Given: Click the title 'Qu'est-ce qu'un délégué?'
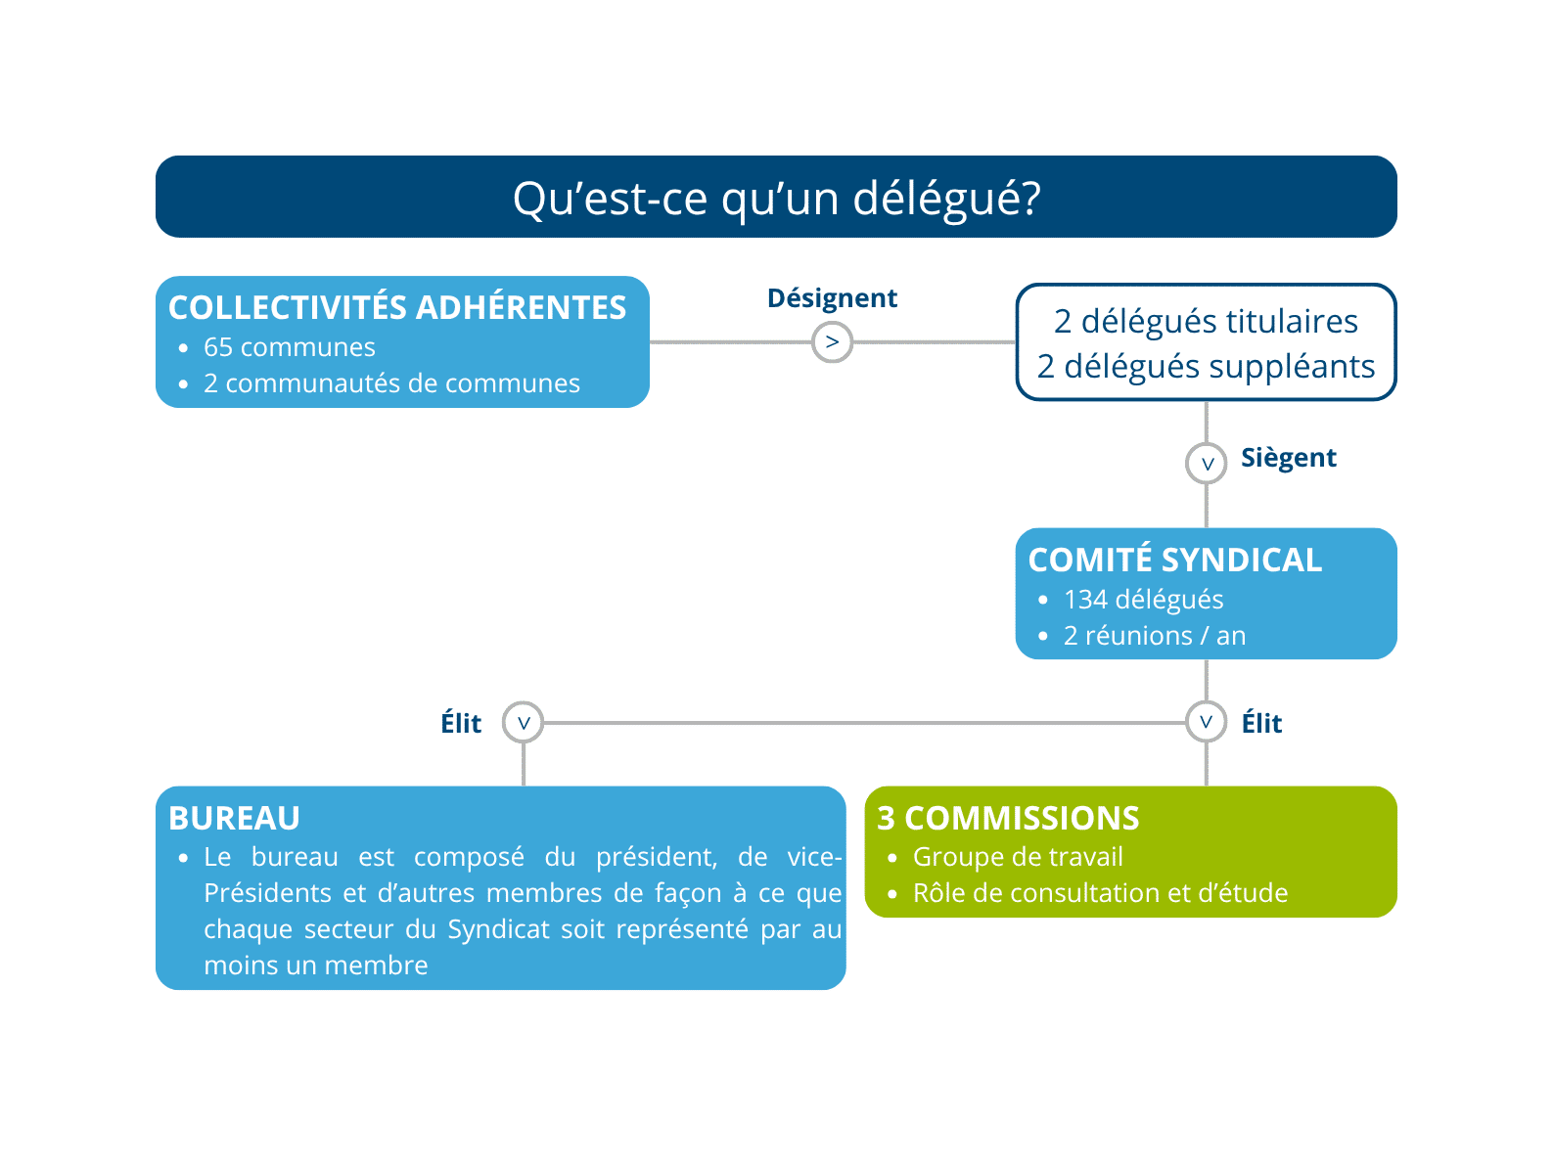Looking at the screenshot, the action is point(776,199).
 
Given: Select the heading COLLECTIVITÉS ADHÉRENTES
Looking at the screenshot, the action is point(397,307).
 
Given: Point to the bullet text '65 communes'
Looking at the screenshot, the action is point(290,347).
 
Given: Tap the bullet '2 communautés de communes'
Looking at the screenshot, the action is point(391,383).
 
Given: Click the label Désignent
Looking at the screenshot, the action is point(832,298).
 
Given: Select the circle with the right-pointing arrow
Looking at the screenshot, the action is point(832,341).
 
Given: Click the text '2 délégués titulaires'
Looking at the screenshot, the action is point(1206,321).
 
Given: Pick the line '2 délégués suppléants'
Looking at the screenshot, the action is point(1206,366).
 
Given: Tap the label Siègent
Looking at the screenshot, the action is point(1289,458).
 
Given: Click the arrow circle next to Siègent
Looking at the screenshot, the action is point(1207,463).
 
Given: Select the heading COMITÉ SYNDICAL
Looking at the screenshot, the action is point(1174,560).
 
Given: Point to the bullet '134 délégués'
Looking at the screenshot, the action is point(1143,600).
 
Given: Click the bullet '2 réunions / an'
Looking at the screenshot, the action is point(1155,636).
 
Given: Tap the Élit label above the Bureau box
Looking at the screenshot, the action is point(461,723).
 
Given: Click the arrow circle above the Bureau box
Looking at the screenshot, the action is point(523,723).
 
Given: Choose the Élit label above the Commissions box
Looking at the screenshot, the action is point(1261,723).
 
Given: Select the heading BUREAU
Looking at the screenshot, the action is point(234,818).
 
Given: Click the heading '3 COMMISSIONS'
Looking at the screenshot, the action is point(1008,818).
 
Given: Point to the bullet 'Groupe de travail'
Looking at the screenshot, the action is point(1018,857).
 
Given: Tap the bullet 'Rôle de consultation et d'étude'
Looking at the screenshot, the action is point(1100,893).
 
